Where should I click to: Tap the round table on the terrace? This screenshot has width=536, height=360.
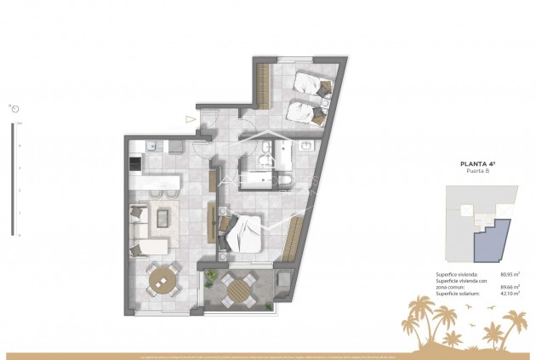(x=237, y=288)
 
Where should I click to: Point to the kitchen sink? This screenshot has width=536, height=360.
(x=151, y=146)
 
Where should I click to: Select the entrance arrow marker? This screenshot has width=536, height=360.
(x=190, y=119)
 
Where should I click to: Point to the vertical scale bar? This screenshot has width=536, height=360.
(x=12, y=179)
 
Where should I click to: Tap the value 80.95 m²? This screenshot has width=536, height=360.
(x=510, y=274)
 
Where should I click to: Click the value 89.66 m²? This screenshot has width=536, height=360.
(x=510, y=287)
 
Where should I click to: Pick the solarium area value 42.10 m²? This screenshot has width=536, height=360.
(x=510, y=294)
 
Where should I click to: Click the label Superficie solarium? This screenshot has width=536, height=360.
(x=455, y=294)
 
